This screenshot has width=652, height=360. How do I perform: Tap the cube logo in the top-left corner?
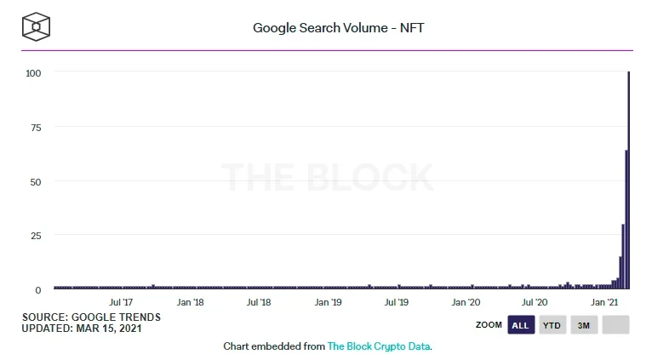pos(36,27)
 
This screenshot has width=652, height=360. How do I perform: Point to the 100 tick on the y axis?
pos(34,72)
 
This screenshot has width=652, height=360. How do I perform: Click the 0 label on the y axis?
pos(38,290)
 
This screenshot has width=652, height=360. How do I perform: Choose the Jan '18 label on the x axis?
pos(189,302)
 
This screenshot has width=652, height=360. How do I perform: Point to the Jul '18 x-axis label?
pos(258,302)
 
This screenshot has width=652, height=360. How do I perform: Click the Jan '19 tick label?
pos(328,302)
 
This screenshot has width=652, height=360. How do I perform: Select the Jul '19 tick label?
pos(397,302)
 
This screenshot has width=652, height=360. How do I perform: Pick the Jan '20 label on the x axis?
pos(466,302)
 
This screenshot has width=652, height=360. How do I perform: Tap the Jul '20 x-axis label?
pos(535,302)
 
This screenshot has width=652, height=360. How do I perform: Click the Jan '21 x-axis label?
pos(603,302)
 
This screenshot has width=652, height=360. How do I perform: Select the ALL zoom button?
pos(520,325)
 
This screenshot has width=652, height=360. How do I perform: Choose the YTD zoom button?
pos(552,325)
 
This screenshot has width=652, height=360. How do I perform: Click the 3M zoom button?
pos(584,325)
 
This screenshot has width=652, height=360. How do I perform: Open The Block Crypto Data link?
pos(379,347)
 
